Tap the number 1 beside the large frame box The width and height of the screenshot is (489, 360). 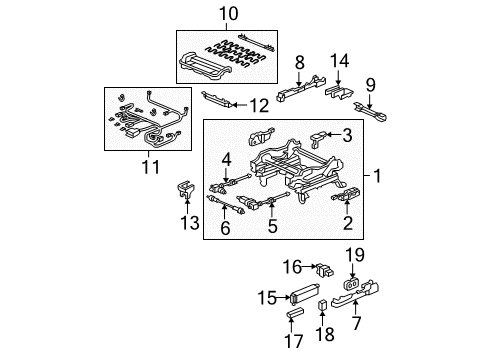point(378,176)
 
